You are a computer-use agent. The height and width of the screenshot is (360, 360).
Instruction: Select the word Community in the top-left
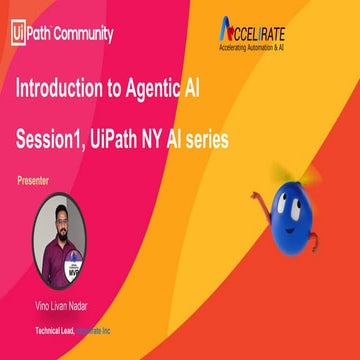[x=82, y=32]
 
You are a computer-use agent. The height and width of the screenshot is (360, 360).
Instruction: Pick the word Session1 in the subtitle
[x=55, y=140]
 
